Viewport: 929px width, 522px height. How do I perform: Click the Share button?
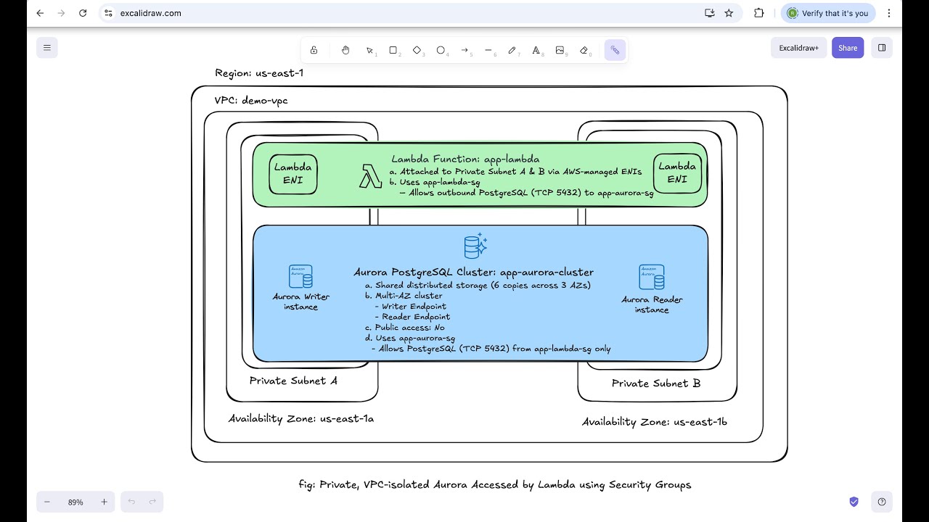(x=848, y=48)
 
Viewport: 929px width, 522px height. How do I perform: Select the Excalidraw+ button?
(x=798, y=48)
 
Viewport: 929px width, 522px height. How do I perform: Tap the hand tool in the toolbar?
(x=345, y=50)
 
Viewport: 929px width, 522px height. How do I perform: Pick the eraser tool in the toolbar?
(x=584, y=50)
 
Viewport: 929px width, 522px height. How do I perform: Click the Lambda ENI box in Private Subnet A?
(x=293, y=173)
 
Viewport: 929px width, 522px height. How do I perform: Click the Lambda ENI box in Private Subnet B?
(x=677, y=173)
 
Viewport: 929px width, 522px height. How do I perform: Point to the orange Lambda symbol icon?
(x=370, y=176)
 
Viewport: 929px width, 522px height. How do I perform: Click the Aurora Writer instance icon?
(x=300, y=277)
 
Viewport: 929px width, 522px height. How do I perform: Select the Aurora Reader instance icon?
(x=651, y=277)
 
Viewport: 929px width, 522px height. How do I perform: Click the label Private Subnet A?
(x=293, y=381)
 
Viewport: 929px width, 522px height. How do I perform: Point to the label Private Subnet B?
(x=655, y=384)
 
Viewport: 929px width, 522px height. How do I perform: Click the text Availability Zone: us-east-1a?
(x=301, y=418)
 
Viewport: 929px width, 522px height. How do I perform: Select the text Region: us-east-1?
(x=259, y=73)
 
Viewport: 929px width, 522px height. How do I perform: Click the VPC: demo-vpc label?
(x=251, y=101)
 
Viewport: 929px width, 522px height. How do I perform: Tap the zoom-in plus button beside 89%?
(x=104, y=502)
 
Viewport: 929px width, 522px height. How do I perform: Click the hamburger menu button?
(x=47, y=48)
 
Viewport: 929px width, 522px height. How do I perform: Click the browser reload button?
(x=83, y=13)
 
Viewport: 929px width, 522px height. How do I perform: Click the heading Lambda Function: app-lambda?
(x=465, y=159)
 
